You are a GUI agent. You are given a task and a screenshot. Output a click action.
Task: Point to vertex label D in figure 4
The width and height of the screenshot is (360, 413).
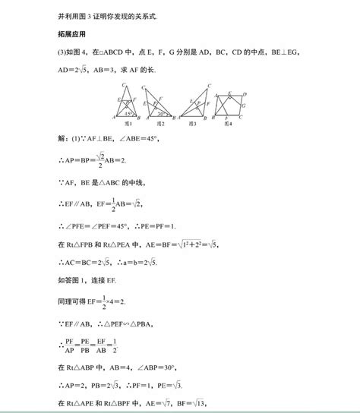click(x=247, y=93)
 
